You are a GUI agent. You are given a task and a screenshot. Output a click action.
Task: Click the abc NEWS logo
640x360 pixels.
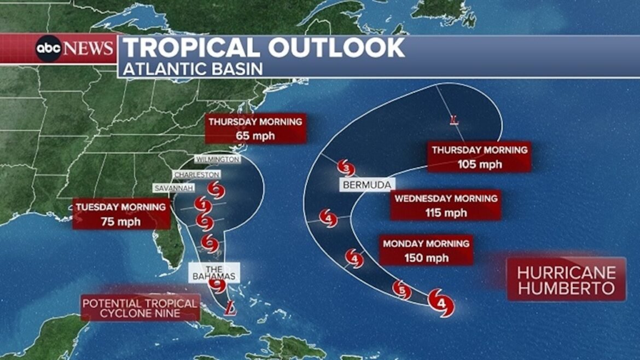pos(74,49)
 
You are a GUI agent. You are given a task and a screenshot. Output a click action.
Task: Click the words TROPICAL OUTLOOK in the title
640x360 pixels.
pos(264,48)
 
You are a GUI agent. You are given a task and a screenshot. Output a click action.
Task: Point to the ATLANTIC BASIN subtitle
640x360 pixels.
pos(193,69)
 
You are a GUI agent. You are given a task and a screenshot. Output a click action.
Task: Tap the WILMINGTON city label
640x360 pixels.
pos(217,159)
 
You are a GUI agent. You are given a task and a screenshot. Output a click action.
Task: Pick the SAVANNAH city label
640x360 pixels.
pos(173,188)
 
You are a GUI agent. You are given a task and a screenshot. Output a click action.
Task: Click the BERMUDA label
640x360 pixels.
pos(366,185)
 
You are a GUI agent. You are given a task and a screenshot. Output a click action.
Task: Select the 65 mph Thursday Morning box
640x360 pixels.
pos(255,129)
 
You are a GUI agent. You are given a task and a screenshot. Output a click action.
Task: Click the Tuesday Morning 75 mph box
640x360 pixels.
pos(121,214)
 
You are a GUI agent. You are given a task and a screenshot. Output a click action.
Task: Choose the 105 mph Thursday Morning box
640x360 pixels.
pos(479,157)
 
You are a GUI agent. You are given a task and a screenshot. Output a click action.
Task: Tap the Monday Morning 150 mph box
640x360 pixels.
pos(426,251)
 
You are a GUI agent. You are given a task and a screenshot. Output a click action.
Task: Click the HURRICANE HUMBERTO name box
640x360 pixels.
pos(566,280)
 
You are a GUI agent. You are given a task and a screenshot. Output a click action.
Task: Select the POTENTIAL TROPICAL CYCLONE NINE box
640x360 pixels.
pos(140,308)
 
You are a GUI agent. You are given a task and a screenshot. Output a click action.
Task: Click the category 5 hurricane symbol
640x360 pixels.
pos(402,290)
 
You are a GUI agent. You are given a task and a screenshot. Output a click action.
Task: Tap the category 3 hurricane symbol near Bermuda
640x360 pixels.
pos(346,168)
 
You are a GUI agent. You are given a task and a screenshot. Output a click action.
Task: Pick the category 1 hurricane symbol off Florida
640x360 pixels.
pos(203,206)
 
